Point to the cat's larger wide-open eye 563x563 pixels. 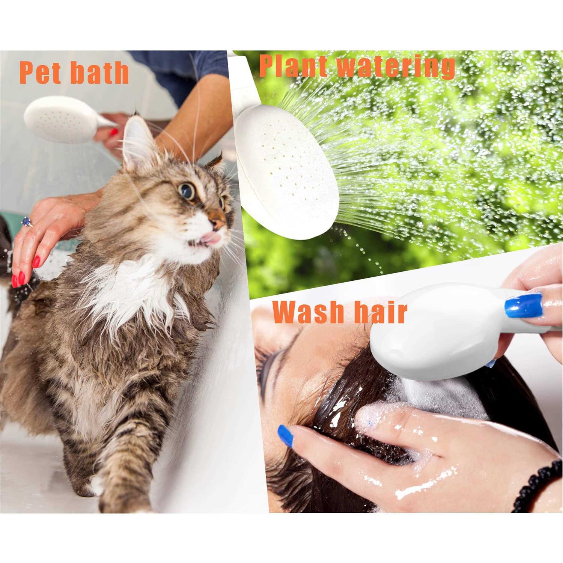point(187,191)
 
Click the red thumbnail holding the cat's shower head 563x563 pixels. point(114,132)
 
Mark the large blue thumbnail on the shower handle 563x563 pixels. point(524,305)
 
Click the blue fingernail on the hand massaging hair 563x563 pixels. point(286,435)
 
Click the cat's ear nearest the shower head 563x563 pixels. point(137,141)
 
